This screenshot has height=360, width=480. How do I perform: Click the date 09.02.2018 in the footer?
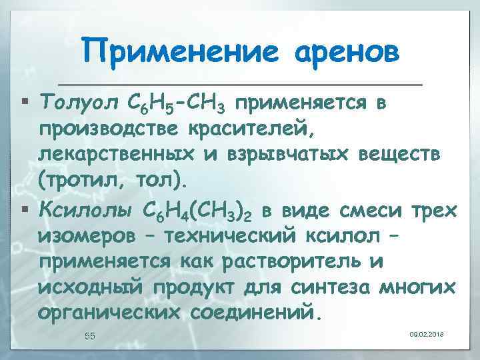tap(427, 333)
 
